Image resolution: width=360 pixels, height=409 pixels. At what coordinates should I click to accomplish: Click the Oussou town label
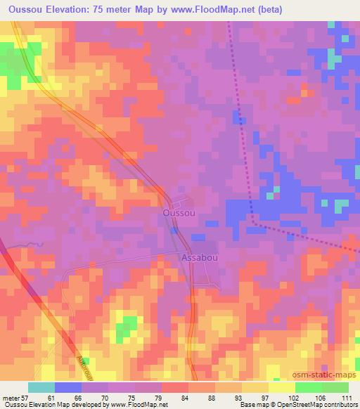coord(178,212)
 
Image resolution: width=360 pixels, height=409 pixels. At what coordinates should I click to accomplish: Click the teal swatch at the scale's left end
coord(41,387)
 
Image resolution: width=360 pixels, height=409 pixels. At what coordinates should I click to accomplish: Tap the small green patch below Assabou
coord(126,325)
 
